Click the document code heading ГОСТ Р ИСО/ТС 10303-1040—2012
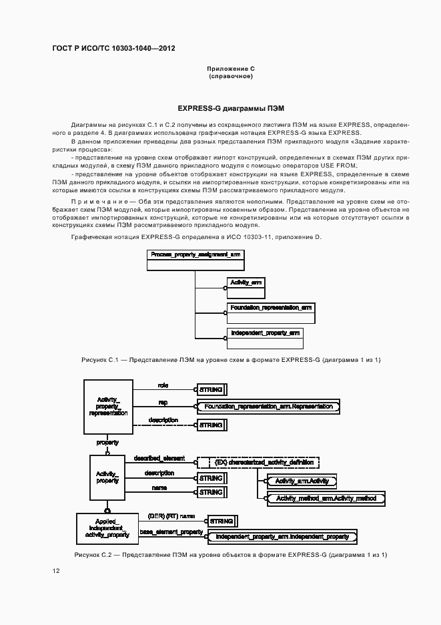(113, 49)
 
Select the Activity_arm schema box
(246, 288)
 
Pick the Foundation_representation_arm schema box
(270, 312)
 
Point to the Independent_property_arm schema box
(265, 338)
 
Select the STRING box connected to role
(211, 389)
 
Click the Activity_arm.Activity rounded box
(302, 481)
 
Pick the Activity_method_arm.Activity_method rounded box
(326, 498)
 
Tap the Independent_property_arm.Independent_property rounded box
(282, 537)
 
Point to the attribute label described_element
(159, 458)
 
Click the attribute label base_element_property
(171, 532)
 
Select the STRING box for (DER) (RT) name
(222, 520)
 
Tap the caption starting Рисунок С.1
(231, 360)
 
